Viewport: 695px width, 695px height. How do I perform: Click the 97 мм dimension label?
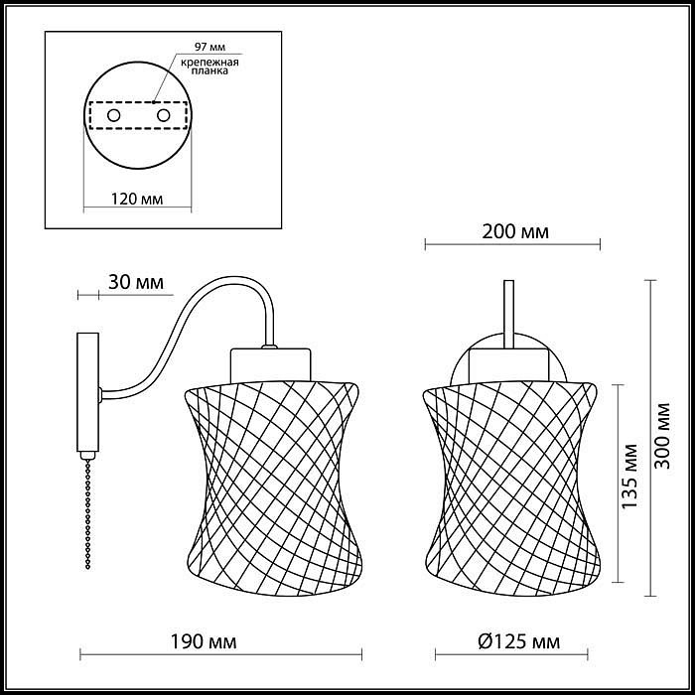click(x=209, y=47)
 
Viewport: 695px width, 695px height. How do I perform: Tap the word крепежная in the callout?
click(x=209, y=62)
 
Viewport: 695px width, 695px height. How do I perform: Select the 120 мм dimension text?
click(x=137, y=199)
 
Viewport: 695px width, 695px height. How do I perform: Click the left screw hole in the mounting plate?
click(x=114, y=116)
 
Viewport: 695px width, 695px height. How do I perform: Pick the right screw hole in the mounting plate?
click(x=163, y=116)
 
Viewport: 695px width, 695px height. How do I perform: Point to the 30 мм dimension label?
click(x=136, y=282)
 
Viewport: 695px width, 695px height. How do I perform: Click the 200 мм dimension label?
click(x=515, y=231)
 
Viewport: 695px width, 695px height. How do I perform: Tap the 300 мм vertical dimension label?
click(x=662, y=436)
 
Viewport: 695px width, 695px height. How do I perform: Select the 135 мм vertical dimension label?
click(x=629, y=477)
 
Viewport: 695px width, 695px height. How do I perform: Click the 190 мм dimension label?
click(x=204, y=641)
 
